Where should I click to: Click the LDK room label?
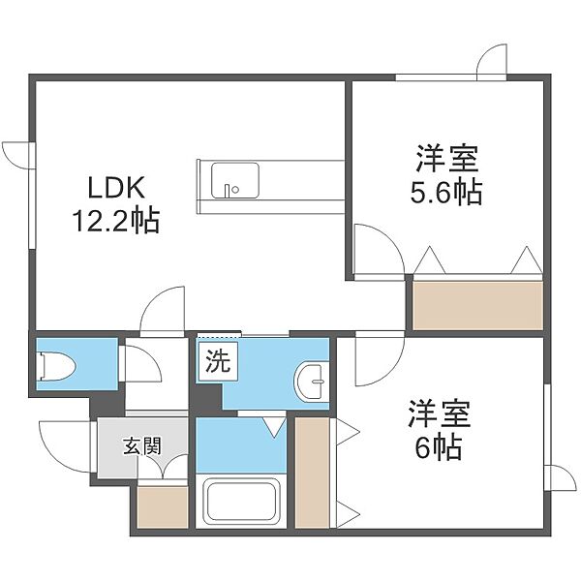click(x=116, y=188)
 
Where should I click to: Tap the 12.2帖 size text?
click(x=116, y=221)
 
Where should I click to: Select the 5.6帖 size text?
click(x=446, y=193)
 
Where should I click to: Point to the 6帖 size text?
click(x=439, y=446)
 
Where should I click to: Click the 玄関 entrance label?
click(x=142, y=445)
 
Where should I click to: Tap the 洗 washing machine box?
click(x=218, y=361)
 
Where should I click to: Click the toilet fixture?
click(x=56, y=366)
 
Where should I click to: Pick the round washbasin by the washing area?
click(x=310, y=382)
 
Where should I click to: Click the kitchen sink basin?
click(x=235, y=180)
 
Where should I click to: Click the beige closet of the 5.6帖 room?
click(x=477, y=305)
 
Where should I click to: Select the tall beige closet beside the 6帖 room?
click(x=313, y=473)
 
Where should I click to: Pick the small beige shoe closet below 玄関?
click(x=163, y=506)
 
